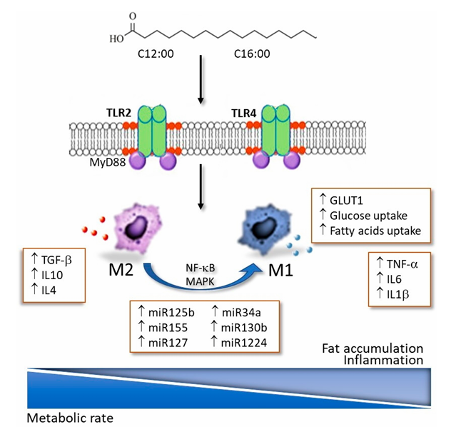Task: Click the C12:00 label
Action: coord(158,54)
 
